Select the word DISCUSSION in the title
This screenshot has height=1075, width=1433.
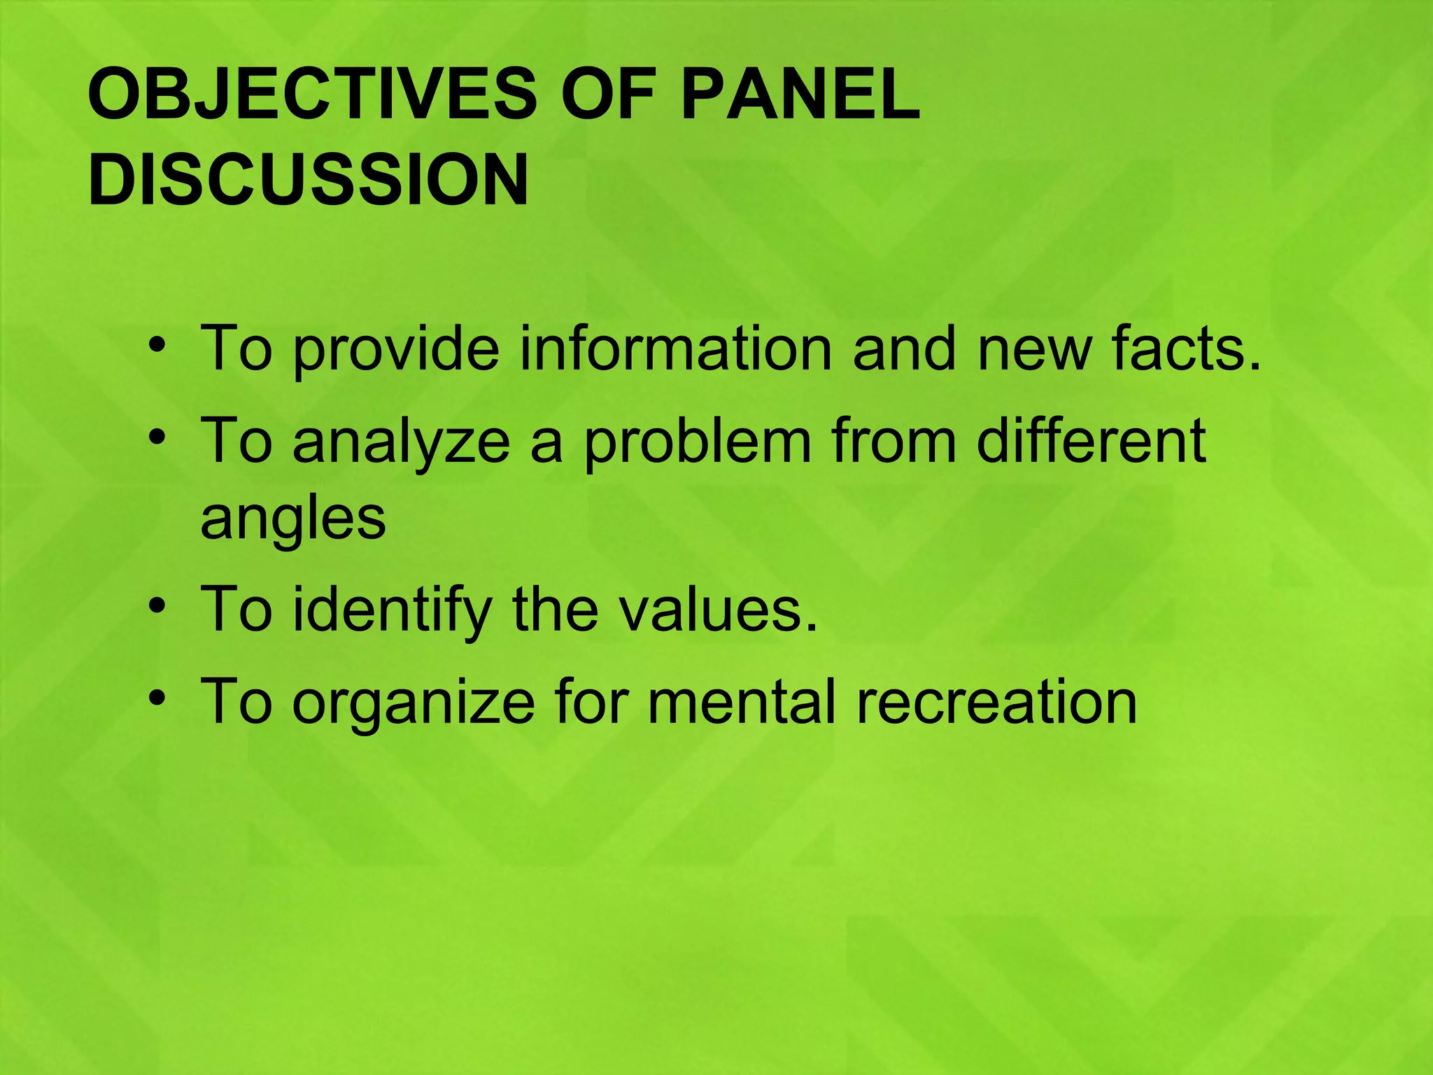[x=309, y=180]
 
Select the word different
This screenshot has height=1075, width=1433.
[x=1091, y=440]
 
